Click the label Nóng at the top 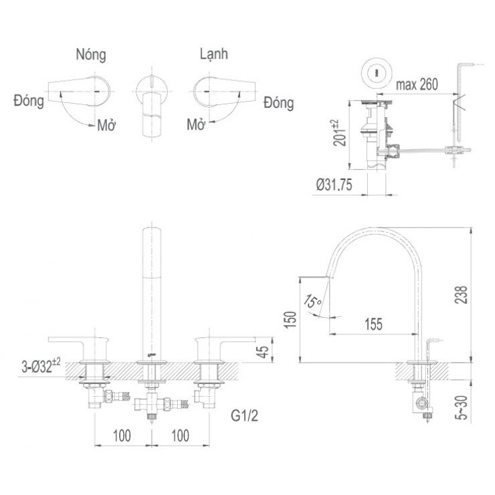[91, 54]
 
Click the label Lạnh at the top [213, 54]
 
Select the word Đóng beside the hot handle [28, 101]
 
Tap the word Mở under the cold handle [196, 124]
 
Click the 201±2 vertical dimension [338, 133]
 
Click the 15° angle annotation [312, 302]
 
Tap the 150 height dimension [289, 320]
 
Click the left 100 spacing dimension [120, 435]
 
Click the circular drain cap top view [379, 72]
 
